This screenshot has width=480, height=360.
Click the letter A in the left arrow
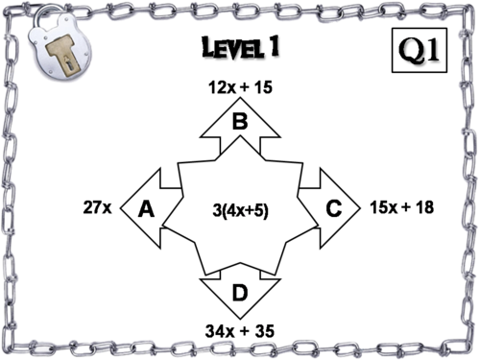click(147, 208)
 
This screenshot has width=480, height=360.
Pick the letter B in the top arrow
click(240, 121)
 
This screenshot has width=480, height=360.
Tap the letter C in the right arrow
click(334, 208)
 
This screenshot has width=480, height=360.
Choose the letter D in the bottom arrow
click(240, 293)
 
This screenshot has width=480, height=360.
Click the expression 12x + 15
click(240, 87)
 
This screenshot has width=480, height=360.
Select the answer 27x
click(97, 207)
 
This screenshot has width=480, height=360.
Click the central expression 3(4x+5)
click(241, 207)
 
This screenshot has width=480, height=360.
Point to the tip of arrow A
click(120, 207)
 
